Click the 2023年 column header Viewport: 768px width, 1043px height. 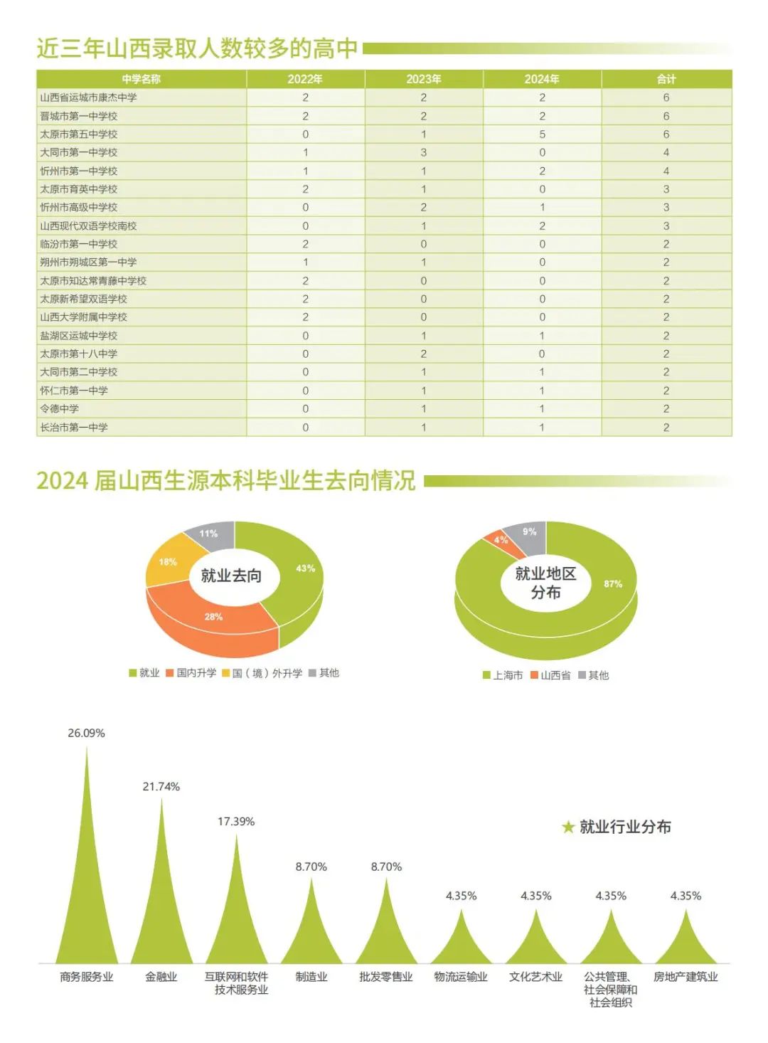point(424,79)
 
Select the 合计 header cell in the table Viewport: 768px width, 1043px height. point(666,79)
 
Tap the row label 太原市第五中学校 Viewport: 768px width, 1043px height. point(79,134)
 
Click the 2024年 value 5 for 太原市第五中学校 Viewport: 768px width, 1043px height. point(542,134)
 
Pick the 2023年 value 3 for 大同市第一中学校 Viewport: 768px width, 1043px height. point(424,152)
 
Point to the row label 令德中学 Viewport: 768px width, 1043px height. point(60,409)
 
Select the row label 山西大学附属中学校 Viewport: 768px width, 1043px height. point(84,317)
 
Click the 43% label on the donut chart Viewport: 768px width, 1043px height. point(305,568)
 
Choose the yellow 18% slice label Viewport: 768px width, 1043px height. point(168,562)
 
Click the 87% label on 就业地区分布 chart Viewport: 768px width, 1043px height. point(613,584)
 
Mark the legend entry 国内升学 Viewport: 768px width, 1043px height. point(191,673)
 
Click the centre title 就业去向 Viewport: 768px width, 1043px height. point(231,576)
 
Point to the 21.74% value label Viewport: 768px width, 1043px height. point(161,787)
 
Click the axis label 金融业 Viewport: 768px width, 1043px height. point(161,978)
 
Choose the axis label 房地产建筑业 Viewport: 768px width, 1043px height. point(686,978)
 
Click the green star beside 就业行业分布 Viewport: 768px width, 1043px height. point(568,827)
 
